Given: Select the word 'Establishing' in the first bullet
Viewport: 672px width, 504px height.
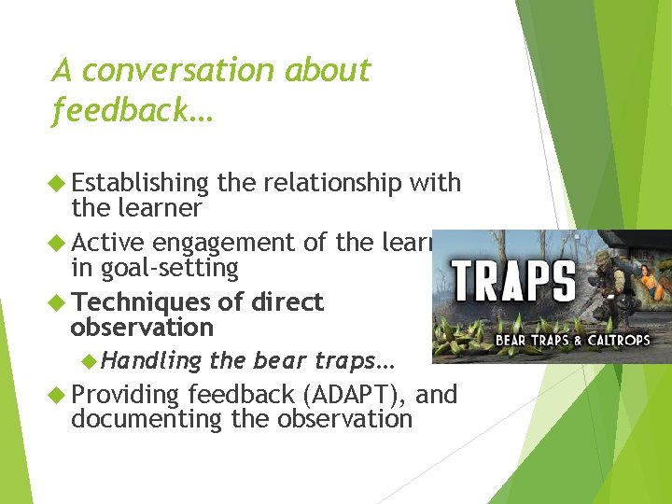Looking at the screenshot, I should click(x=140, y=183).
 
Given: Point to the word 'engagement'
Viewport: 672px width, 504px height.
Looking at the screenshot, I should click(x=227, y=243).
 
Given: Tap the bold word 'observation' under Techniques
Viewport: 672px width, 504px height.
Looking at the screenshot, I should click(x=142, y=328).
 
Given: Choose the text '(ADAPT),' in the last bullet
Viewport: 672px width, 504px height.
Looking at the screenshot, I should click(x=356, y=395).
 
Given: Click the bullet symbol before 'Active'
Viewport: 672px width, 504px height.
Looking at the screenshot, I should click(x=60, y=244).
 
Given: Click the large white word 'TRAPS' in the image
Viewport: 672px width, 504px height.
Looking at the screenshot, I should click(x=514, y=280).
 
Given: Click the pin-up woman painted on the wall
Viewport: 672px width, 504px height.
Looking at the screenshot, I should click(x=650, y=266).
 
